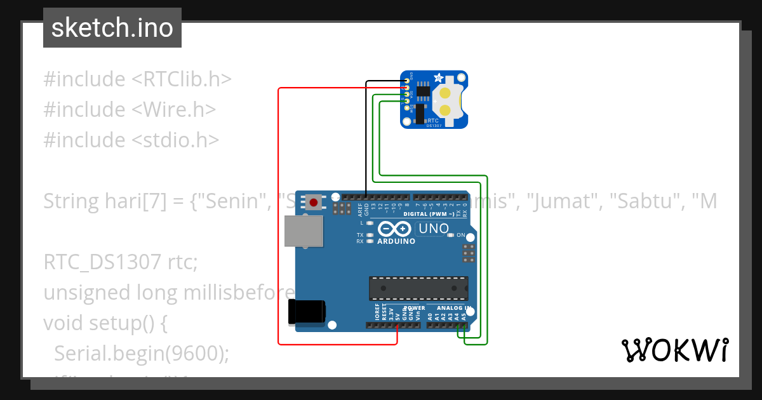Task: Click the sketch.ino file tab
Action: [x=112, y=28]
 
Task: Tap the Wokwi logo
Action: [x=674, y=350]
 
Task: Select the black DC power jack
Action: [x=307, y=311]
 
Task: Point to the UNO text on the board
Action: [x=434, y=229]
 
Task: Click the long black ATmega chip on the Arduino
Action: [x=419, y=288]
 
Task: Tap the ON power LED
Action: [x=451, y=235]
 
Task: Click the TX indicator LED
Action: [x=370, y=235]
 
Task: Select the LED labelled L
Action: [x=370, y=223]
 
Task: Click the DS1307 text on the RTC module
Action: [x=434, y=125]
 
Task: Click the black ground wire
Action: [x=366, y=133]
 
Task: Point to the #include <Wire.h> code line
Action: [x=130, y=109]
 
